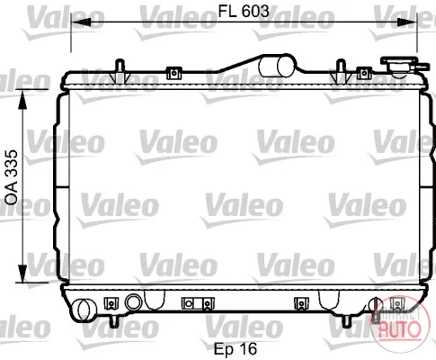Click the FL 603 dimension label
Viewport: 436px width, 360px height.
244,11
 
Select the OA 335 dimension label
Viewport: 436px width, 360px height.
12,177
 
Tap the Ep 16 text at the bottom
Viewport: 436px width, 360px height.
236,348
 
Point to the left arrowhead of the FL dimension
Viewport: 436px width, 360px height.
81,22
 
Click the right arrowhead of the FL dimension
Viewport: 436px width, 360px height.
407,22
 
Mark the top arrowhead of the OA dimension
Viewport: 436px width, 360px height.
22,100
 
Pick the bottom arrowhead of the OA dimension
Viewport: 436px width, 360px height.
22,273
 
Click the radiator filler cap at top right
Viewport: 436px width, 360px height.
403,66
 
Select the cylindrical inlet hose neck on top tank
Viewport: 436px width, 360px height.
277,66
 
